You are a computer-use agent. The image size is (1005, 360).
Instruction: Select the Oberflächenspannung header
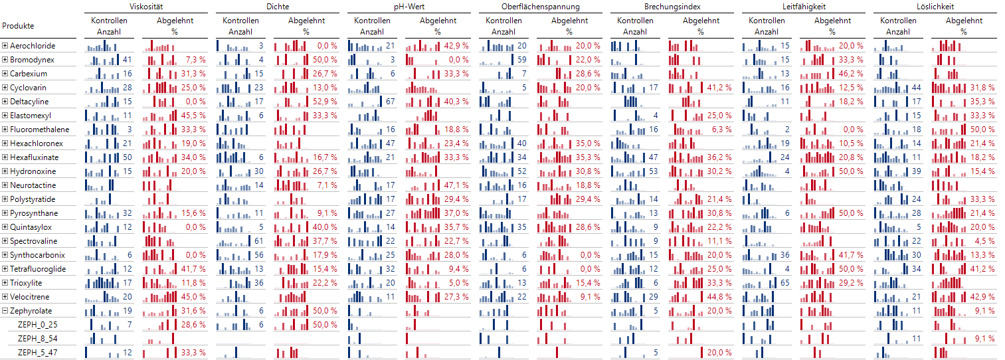click(540, 7)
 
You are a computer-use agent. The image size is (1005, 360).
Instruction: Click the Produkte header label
click(18, 26)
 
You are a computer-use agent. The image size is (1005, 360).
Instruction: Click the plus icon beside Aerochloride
click(5, 46)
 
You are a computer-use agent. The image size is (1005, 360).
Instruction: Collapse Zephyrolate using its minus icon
click(5, 311)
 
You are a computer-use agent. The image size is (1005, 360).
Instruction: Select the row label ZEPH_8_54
click(37, 339)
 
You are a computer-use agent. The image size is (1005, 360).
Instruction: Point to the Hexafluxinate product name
click(34, 157)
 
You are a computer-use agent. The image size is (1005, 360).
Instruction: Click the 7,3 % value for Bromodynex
click(195, 60)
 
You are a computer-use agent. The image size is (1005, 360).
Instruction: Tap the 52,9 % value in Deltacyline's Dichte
click(325, 102)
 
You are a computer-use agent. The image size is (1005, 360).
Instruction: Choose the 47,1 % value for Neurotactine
click(457, 185)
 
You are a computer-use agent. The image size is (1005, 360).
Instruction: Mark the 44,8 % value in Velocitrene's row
click(720, 297)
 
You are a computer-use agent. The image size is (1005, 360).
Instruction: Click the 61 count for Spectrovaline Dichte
click(259, 241)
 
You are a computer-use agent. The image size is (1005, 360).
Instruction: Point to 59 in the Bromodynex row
click(522, 60)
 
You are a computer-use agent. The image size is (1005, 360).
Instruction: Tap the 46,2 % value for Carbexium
click(852, 74)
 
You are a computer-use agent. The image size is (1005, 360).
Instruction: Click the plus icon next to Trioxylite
click(5, 283)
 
